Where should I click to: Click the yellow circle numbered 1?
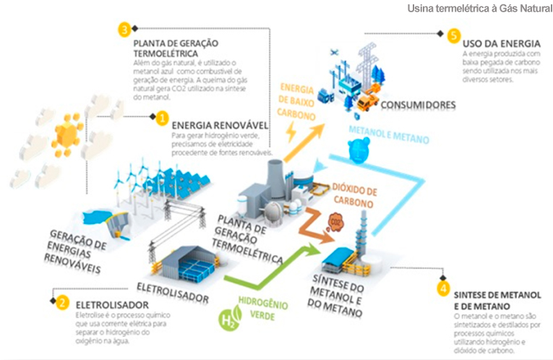click(x=163, y=117)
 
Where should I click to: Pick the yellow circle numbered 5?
click(x=453, y=35)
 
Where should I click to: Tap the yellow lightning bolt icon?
click(x=291, y=132)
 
